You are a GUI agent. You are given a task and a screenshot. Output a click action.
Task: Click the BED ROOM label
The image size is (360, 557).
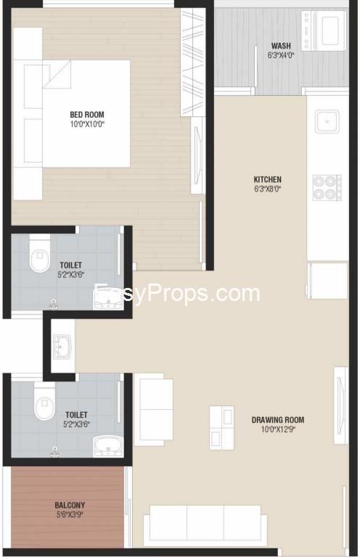[x=86, y=115]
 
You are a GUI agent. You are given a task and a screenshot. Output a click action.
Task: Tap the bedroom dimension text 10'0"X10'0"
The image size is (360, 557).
[x=87, y=124]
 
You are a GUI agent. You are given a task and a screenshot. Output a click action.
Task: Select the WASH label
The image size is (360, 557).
[x=281, y=46]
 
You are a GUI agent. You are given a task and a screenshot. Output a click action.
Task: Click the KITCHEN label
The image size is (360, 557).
[x=268, y=179]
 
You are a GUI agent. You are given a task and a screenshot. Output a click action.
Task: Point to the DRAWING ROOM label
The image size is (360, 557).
[x=278, y=420]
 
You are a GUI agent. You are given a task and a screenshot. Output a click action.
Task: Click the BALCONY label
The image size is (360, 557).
[x=70, y=505]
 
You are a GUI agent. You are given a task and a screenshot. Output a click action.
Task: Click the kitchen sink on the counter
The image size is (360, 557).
[x=327, y=122]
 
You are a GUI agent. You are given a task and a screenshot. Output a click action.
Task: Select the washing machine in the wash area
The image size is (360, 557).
[x=324, y=30]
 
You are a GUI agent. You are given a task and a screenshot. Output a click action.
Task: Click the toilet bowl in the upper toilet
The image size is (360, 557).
[x=39, y=254]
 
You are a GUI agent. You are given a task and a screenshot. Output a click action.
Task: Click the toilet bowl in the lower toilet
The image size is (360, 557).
[x=44, y=401]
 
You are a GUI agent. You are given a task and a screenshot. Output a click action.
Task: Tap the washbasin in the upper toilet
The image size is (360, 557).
[x=107, y=297]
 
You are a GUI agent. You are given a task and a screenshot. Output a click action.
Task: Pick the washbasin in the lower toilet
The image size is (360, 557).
[x=108, y=447]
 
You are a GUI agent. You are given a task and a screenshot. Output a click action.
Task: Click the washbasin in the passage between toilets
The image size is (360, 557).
[x=62, y=346]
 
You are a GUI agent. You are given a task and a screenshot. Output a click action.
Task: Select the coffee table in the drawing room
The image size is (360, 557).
[x=222, y=428]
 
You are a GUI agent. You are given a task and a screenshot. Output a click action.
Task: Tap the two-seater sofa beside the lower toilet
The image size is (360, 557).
[x=154, y=410]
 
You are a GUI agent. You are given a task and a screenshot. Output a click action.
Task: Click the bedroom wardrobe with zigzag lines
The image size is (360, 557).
[x=192, y=62]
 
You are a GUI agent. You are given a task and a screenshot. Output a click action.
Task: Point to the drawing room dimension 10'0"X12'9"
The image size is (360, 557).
[x=278, y=429]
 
